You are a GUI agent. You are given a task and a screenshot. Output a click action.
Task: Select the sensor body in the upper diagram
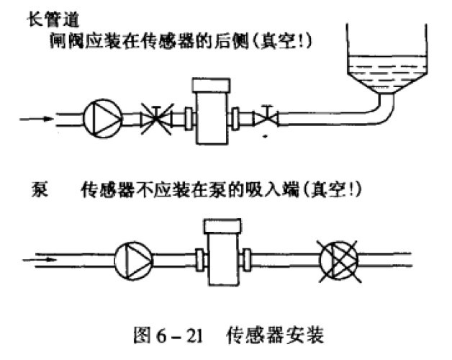tap(210, 115)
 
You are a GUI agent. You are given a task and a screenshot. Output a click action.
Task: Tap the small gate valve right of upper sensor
tap(268, 114)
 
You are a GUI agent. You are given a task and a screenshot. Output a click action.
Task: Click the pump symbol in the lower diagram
tap(133, 255)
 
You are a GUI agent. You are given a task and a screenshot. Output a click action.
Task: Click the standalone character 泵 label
tap(40, 189)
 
